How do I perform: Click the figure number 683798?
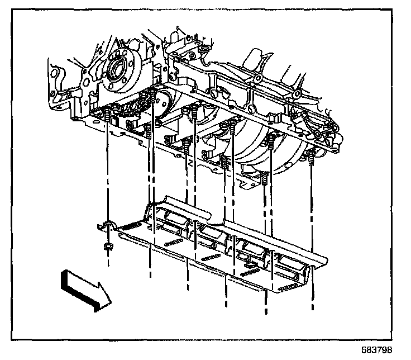[x=385, y=351]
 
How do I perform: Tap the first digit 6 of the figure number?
[x=372, y=351]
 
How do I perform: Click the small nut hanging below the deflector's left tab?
[x=108, y=246]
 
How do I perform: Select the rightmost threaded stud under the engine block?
[x=310, y=159]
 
